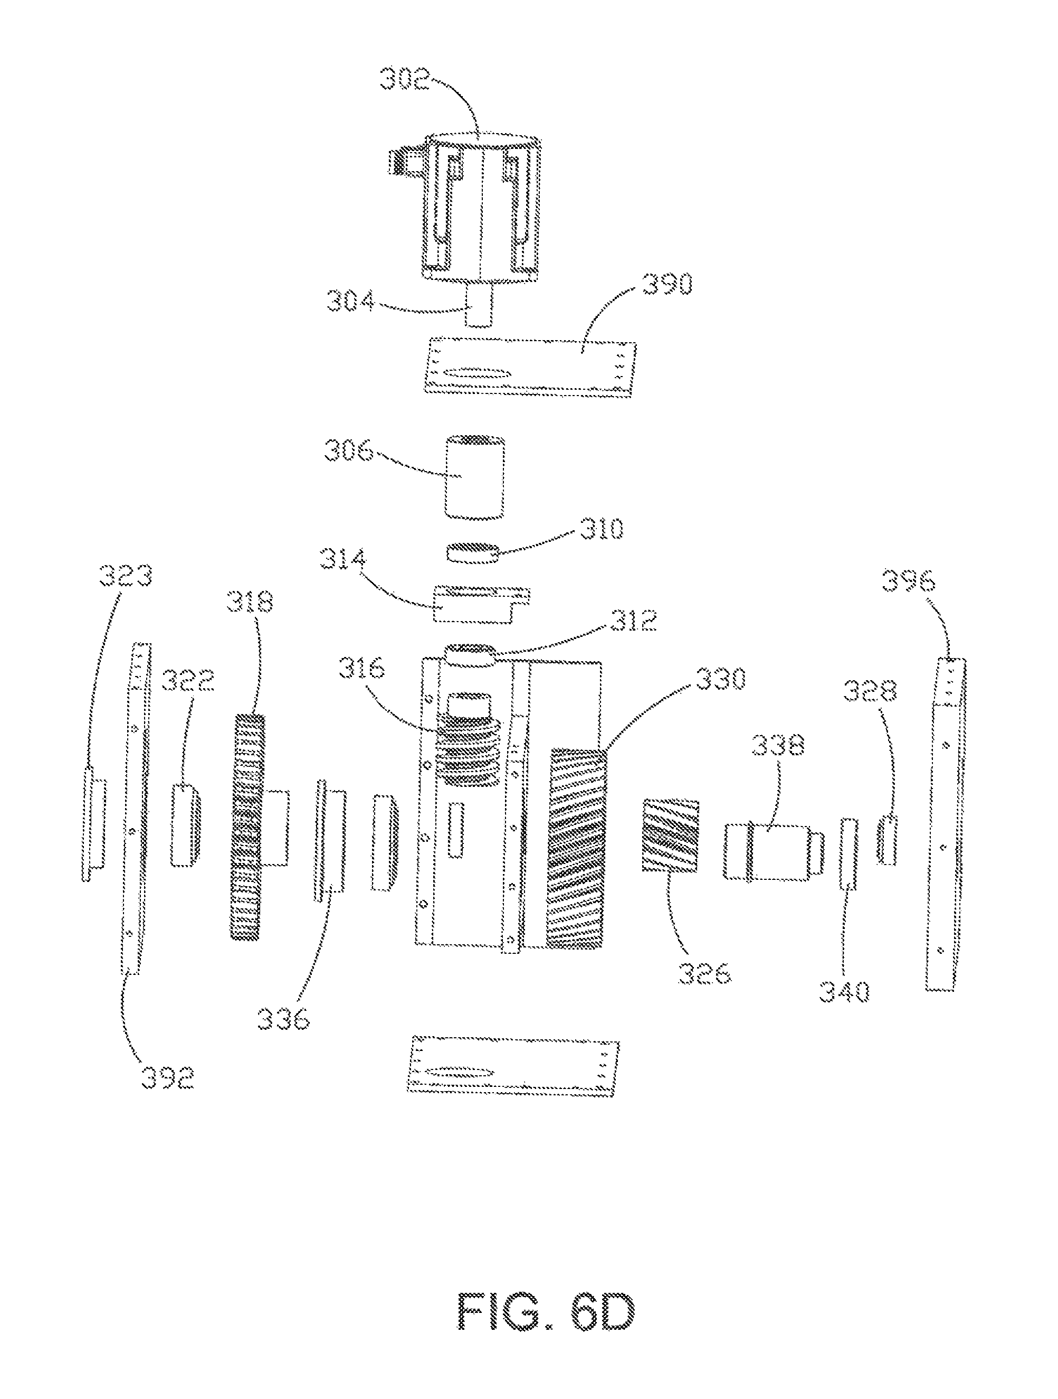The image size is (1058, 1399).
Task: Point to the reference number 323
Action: click(125, 576)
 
